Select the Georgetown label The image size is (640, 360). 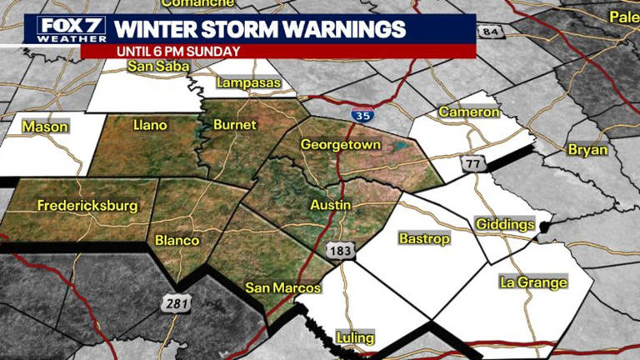pyautogui.click(x=340, y=145)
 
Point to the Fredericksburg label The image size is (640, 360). pyautogui.click(x=87, y=205)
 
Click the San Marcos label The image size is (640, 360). pyautogui.click(x=282, y=287)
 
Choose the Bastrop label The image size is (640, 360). pyautogui.click(x=423, y=239)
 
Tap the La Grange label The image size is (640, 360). pyautogui.click(x=533, y=282)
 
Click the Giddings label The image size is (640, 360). pyautogui.click(x=504, y=224)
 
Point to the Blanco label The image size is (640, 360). pyautogui.click(x=177, y=241)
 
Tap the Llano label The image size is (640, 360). pyautogui.click(x=150, y=125)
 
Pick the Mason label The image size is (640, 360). pyautogui.click(x=45, y=127)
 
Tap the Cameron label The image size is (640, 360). pyautogui.click(x=469, y=112)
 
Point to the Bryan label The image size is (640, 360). pyautogui.click(x=587, y=150)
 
